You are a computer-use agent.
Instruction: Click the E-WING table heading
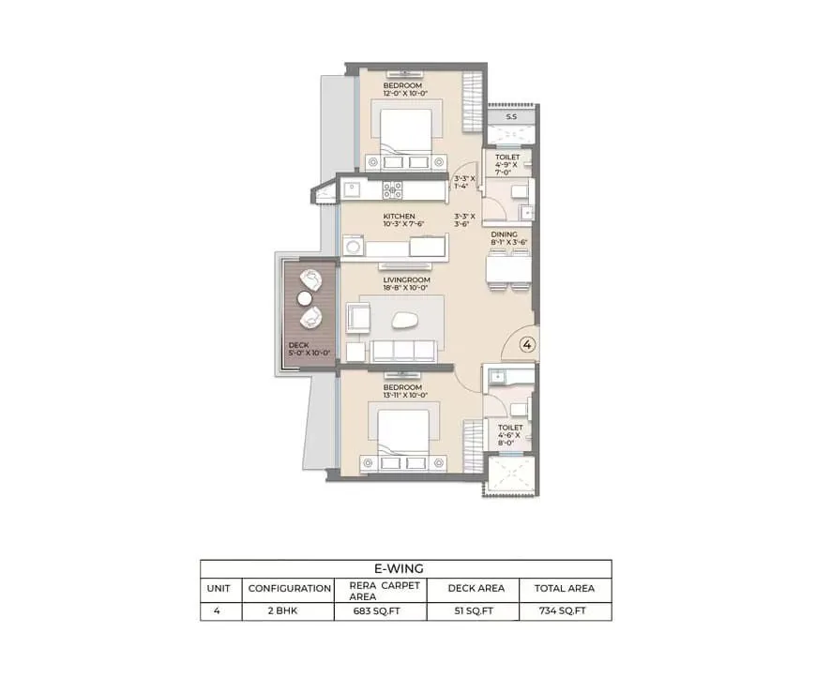click(399, 568)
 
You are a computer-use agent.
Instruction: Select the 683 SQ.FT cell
click(377, 610)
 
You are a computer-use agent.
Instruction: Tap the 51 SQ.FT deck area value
click(474, 610)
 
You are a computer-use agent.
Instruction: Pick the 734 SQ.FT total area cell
click(563, 610)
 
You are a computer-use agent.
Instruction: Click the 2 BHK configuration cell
click(282, 610)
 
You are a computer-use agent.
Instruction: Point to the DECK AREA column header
click(476, 588)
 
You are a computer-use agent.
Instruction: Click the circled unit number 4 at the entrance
click(527, 344)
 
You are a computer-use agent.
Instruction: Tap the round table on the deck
click(305, 298)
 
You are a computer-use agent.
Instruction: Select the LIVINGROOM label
click(406, 279)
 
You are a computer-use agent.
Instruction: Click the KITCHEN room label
click(400, 216)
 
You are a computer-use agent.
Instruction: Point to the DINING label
click(505, 234)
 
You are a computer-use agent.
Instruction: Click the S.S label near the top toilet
click(511, 117)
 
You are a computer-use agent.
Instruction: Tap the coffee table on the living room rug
click(401, 320)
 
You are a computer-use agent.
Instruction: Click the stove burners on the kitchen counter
click(392, 190)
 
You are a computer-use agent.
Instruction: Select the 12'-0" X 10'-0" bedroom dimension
click(405, 94)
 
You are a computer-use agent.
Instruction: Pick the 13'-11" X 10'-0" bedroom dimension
click(405, 396)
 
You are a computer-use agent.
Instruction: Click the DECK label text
click(298, 345)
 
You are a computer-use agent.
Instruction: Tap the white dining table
click(508, 269)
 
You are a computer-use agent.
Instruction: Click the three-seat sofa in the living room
click(403, 350)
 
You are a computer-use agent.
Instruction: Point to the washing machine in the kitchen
click(354, 246)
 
